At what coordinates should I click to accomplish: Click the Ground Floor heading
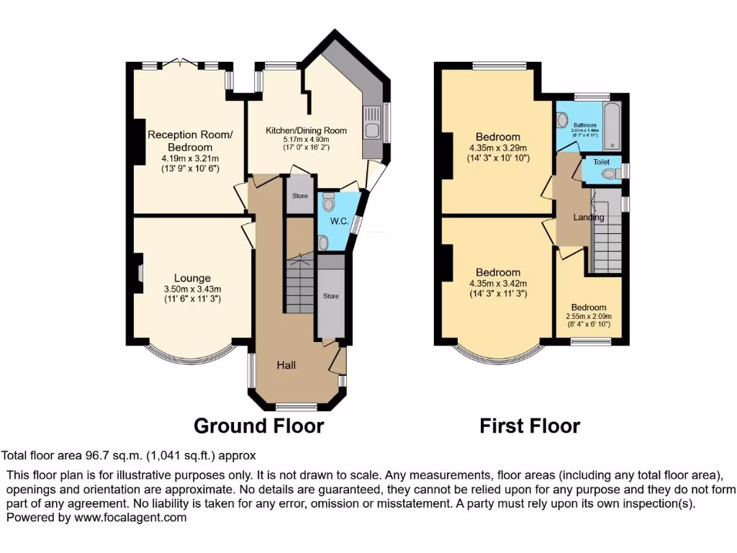pyautogui.click(x=259, y=426)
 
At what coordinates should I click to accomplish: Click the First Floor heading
pyautogui.click(x=530, y=426)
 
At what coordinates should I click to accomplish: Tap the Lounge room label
pyautogui.click(x=192, y=278)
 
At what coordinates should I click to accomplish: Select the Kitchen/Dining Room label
pyautogui.click(x=306, y=130)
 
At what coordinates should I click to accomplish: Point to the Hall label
pyautogui.click(x=286, y=365)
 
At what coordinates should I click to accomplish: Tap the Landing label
pyautogui.click(x=588, y=217)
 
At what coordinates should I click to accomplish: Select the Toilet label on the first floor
pyautogui.click(x=601, y=162)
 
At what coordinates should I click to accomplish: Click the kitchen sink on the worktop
pyautogui.click(x=373, y=124)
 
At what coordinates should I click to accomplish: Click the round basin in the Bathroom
pyautogui.click(x=563, y=119)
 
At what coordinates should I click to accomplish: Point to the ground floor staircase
pyautogui.click(x=299, y=284)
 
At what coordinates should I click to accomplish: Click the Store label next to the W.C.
pyautogui.click(x=299, y=195)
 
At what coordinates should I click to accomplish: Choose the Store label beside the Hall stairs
pyautogui.click(x=330, y=296)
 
